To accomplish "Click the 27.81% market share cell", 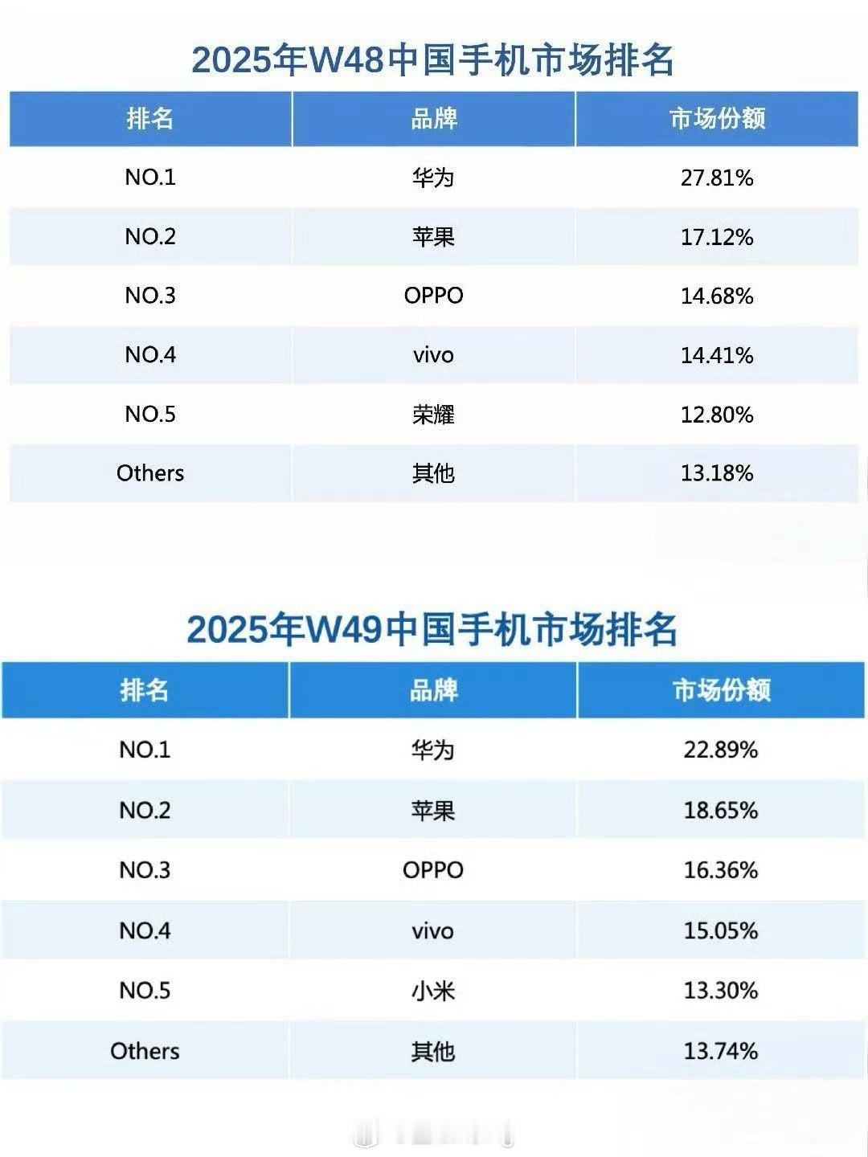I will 717,178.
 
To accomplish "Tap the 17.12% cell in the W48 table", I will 717,237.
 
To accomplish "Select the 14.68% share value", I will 717,296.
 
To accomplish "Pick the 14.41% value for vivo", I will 717,355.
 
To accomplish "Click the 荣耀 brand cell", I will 433,415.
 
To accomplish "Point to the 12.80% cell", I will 717,415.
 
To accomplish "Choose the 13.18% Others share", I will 717,473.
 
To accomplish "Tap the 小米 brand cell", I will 433,991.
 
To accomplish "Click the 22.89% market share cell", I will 721,750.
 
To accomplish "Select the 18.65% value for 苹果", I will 721,810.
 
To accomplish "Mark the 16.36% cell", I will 721,870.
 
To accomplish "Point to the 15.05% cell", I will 721,930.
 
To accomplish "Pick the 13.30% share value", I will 721,991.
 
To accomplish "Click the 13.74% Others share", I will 721,1051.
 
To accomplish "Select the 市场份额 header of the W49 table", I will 721,690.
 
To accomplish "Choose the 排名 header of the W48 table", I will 150,119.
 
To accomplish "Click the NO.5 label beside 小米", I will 145,991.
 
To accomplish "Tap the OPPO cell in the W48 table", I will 433,296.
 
